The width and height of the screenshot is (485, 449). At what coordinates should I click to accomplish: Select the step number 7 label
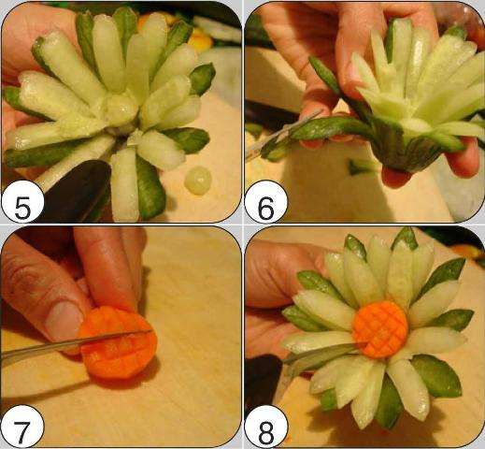click(x=22, y=427)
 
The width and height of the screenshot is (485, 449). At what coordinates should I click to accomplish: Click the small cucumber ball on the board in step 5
click(x=198, y=181)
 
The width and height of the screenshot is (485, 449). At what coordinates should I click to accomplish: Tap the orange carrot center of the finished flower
click(x=380, y=328)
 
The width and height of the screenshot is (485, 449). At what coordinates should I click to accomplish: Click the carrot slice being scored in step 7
click(x=118, y=342)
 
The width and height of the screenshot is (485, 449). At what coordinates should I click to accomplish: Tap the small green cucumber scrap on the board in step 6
click(x=358, y=167)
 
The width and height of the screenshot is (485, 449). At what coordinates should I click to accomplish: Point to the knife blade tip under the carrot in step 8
click(x=365, y=343)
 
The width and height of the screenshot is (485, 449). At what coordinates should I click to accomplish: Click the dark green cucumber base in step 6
click(x=402, y=150)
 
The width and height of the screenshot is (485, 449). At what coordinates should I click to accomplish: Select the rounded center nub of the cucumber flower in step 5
click(x=121, y=109)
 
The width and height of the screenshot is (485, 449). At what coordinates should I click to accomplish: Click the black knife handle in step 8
click(x=264, y=381)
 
